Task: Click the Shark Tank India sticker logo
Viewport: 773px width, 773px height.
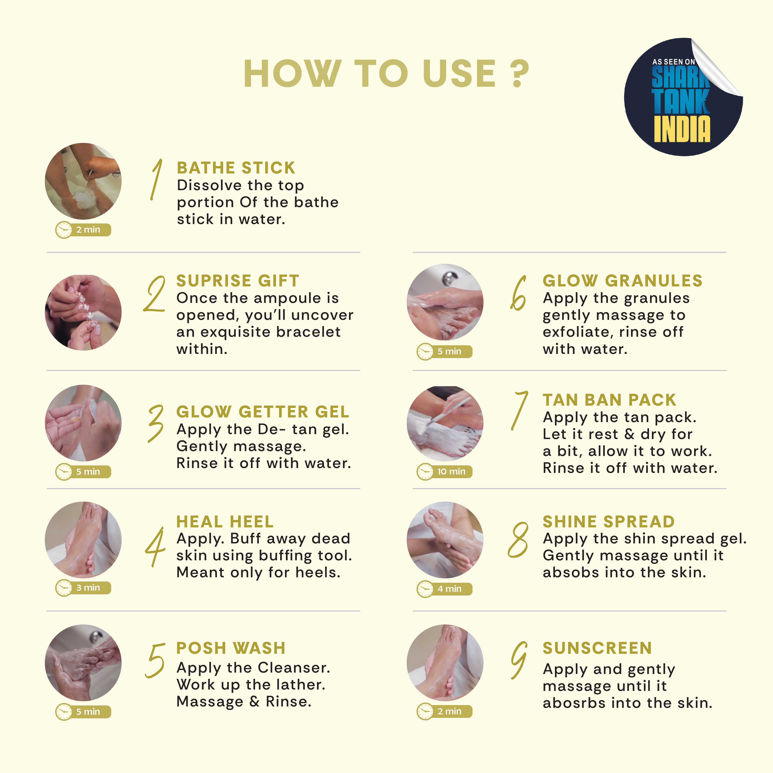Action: coord(683,97)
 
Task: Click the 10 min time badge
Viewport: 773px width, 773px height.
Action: coord(445,471)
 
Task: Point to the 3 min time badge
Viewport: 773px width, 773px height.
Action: coord(83,588)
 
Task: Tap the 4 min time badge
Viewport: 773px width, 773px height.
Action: coord(445,589)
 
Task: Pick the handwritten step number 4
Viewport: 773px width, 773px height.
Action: coord(155,547)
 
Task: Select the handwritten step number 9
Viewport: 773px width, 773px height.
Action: coord(519,660)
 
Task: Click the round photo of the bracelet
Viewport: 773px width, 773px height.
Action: coord(83,312)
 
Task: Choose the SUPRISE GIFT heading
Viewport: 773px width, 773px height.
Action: coord(238,281)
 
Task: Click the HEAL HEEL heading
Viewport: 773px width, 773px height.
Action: coord(225,522)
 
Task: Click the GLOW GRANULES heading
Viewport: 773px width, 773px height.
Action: coord(622,281)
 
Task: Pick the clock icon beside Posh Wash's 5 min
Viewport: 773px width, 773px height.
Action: coord(64,712)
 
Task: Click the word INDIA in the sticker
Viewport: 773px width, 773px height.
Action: coord(682,129)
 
